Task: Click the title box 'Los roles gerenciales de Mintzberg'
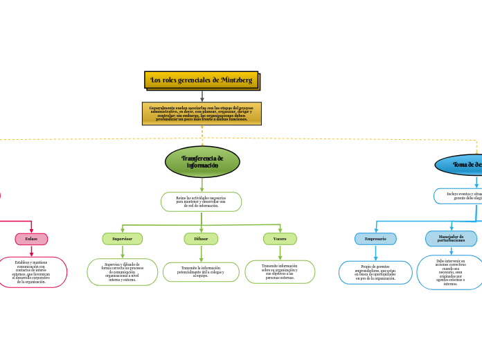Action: coord(202,80)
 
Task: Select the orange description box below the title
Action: coord(202,114)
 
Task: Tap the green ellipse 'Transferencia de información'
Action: coord(202,162)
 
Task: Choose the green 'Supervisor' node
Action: coord(123,239)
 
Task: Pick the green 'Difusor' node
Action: coord(201,239)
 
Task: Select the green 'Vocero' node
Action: coord(280,239)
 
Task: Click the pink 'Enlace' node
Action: coord(31,239)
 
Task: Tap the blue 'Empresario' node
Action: coord(375,239)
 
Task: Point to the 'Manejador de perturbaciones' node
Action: coord(451,239)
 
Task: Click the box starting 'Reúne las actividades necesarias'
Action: coord(201,201)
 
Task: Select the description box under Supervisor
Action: coord(123,272)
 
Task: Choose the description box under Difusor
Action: coord(201,272)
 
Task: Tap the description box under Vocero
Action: coord(280,271)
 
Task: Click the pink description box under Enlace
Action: coord(32,272)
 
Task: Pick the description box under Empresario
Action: coord(375,272)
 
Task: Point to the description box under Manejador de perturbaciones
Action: coord(450,272)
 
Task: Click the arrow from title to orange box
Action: coord(202,96)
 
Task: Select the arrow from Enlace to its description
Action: coord(31,251)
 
